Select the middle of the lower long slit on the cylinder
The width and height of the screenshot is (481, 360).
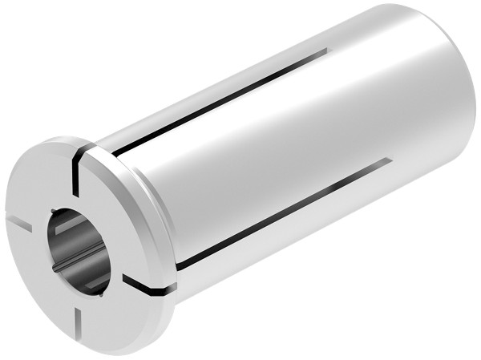pos(281,212)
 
